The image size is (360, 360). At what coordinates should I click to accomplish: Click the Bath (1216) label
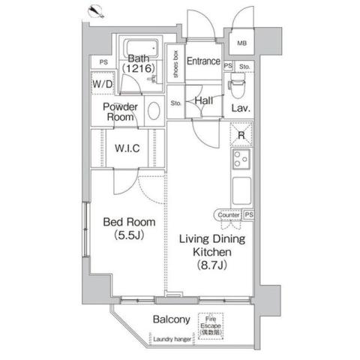(x=139, y=64)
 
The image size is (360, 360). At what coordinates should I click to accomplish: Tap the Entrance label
(x=203, y=61)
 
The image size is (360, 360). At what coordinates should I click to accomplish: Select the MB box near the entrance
(x=242, y=43)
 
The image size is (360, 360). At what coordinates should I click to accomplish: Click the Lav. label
(x=240, y=109)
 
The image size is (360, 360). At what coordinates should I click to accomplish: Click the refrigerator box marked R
(x=241, y=135)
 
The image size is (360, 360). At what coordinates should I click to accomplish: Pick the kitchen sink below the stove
(x=243, y=191)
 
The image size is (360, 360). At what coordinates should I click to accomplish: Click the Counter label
(x=229, y=215)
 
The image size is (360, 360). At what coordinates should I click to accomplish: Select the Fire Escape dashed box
(x=212, y=323)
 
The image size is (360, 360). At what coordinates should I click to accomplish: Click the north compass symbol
(x=95, y=9)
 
